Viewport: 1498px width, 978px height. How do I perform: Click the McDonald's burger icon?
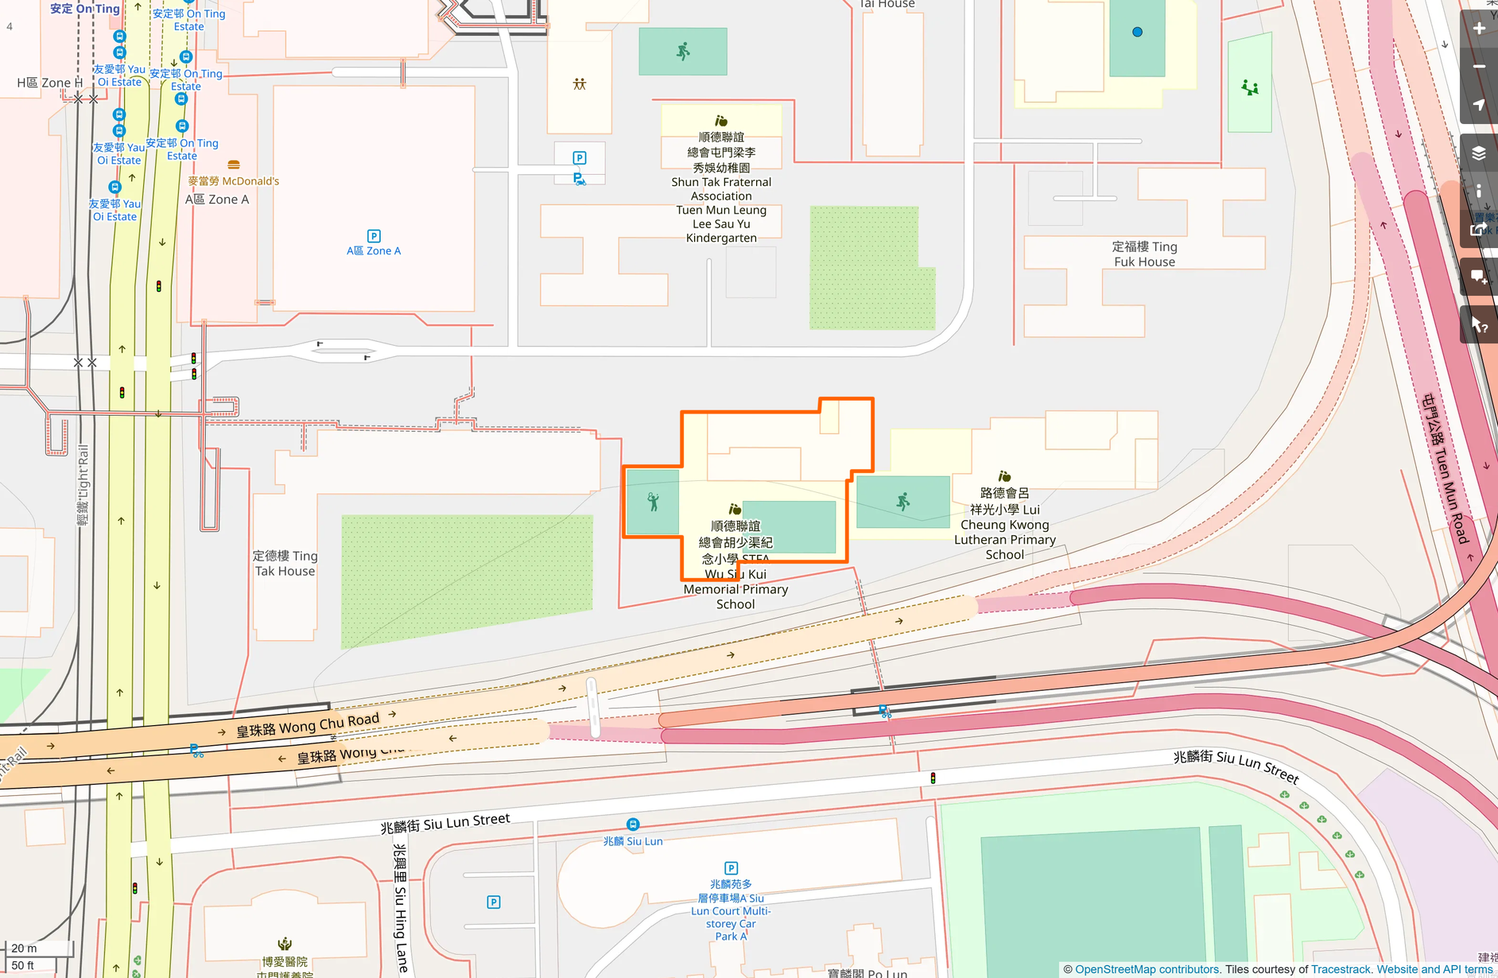[x=234, y=165]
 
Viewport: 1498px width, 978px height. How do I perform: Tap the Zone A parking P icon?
[x=374, y=236]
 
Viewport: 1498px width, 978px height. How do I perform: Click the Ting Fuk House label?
[x=1144, y=254]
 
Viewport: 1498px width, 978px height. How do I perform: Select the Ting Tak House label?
[x=285, y=563]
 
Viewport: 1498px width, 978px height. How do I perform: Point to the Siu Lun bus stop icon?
[x=633, y=825]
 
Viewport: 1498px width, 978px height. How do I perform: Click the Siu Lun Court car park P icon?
[x=731, y=868]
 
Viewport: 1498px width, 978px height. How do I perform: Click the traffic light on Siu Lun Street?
[x=933, y=778]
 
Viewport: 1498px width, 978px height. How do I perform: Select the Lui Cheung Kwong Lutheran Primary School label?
[x=1005, y=524]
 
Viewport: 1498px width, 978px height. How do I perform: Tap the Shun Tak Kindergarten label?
[x=721, y=188]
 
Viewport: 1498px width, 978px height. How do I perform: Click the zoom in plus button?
[x=1479, y=29]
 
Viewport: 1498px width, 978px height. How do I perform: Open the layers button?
[x=1479, y=153]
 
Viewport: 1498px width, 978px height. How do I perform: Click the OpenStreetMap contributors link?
[x=1147, y=969]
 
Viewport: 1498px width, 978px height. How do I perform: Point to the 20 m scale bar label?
[x=24, y=948]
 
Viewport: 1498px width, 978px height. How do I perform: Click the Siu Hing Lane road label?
[x=401, y=906]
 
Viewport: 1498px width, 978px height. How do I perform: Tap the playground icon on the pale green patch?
[x=1250, y=87]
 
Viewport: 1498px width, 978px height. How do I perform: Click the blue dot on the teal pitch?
[x=1137, y=32]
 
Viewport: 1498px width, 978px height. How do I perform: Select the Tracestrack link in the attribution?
[x=1341, y=969]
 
